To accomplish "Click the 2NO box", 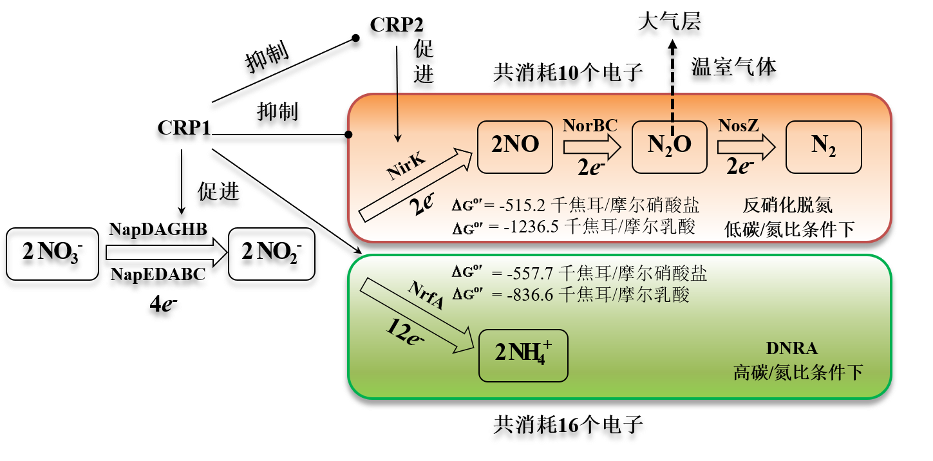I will pyautogui.click(x=515, y=146).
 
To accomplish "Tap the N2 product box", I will pyautogui.click(x=823, y=146).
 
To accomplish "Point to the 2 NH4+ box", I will pyautogui.click(x=523, y=355).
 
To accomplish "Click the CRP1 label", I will pyautogui.click(x=184, y=128).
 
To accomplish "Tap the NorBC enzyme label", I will pyautogui.click(x=590, y=125).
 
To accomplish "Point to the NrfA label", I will pyautogui.click(x=426, y=297).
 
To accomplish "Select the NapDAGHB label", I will pyautogui.click(x=158, y=230).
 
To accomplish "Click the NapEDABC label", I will pyautogui.click(x=158, y=274).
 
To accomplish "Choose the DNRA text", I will pyautogui.click(x=791, y=349).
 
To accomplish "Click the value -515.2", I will pyautogui.click(x=527, y=206).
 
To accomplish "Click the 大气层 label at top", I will pyautogui.click(x=670, y=23).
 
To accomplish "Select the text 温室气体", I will pyautogui.click(x=735, y=67).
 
